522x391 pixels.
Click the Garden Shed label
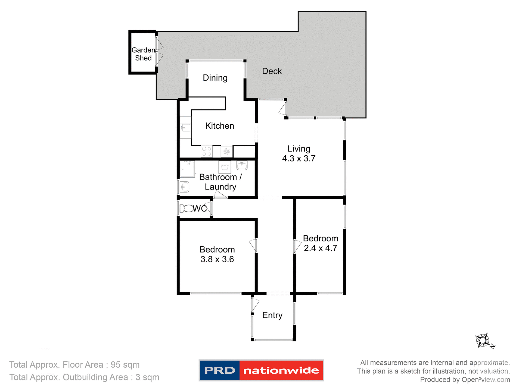tap(143, 54)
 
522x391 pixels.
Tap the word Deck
tap(272, 71)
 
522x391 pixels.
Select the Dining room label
tap(215, 78)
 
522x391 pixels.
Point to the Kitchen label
tap(219, 126)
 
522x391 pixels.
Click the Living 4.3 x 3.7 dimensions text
tap(299, 158)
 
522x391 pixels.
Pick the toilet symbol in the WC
tap(187, 209)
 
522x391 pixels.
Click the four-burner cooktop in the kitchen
tap(207, 152)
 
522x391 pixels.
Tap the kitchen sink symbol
tap(186, 127)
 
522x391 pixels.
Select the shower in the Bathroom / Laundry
tap(187, 169)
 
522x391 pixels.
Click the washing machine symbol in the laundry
tap(225, 167)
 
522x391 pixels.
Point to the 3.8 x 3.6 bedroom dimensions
tap(217, 259)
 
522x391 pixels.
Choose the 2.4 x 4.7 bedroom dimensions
tap(320, 248)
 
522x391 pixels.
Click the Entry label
tap(272, 315)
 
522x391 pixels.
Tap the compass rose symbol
tap(483, 340)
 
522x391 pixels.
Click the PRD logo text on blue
tap(219, 370)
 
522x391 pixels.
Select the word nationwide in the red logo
tap(281, 370)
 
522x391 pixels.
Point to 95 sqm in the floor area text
tap(125, 365)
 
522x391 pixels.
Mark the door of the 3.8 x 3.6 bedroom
tap(253, 245)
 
